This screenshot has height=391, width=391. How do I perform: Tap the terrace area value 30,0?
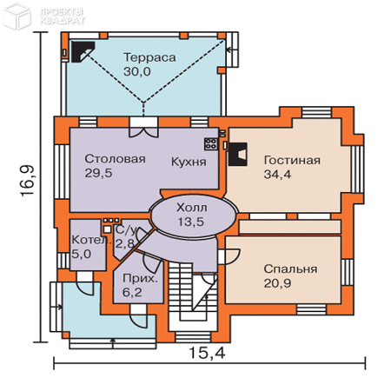[x=138, y=73]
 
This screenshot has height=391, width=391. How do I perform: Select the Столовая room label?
[x=115, y=160]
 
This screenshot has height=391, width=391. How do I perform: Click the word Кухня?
[x=189, y=162]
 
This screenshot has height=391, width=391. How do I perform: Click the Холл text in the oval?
[x=192, y=207]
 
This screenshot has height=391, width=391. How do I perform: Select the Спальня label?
[x=290, y=268]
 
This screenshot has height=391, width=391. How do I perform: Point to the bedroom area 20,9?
[x=278, y=284]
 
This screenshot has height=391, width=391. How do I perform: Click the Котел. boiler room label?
[x=88, y=240]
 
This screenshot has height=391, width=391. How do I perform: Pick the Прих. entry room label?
[x=140, y=280]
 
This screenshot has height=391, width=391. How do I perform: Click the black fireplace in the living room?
[x=237, y=152]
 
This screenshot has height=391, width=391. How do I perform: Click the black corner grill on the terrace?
[x=82, y=52]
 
